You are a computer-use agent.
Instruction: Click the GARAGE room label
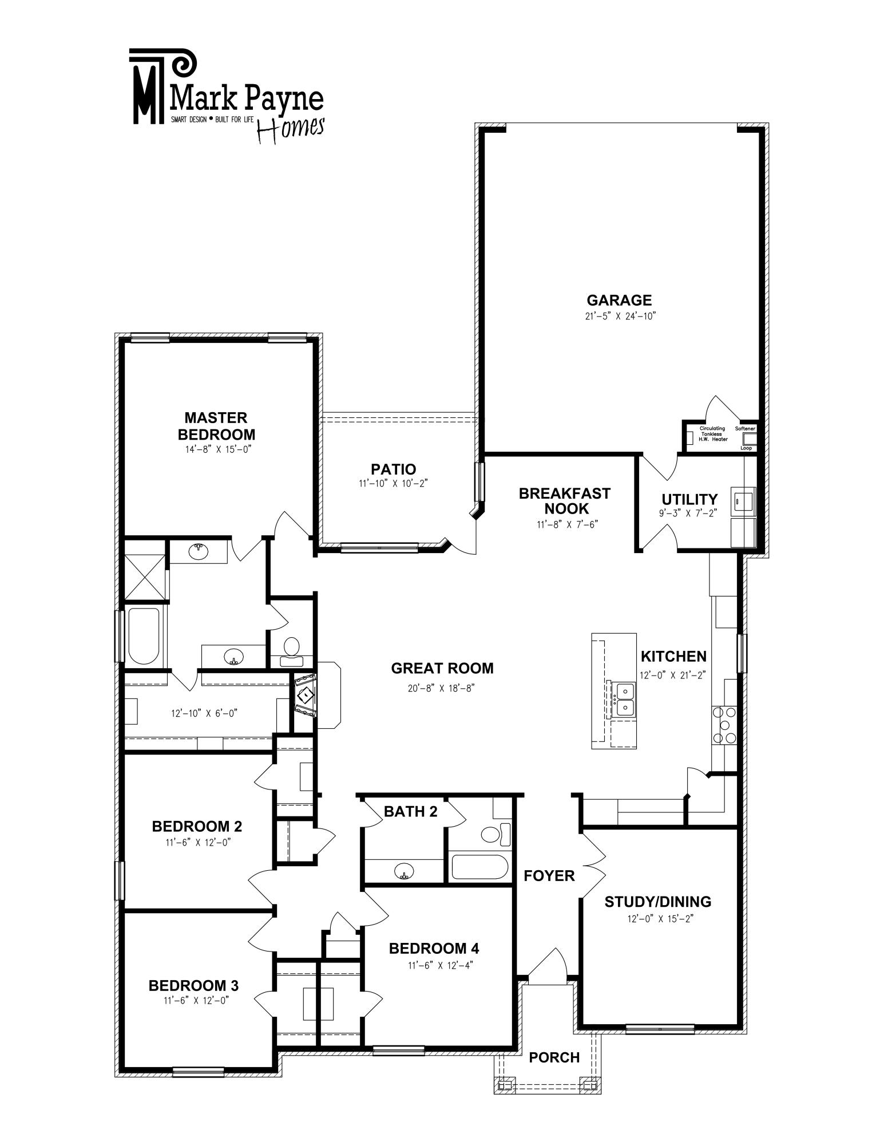(x=619, y=300)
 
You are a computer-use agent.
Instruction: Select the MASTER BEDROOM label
(x=216, y=426)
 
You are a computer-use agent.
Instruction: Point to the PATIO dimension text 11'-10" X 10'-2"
(x=393, y=484)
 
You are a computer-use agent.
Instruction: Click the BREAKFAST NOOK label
(x=565, y=501)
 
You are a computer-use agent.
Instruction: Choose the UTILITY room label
(x=689, y=499)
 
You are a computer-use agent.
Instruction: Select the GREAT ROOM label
(x=442, y=668)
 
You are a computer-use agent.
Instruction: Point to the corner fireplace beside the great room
(x=306, y=694)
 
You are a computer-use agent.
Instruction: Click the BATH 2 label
(x=411, y=811)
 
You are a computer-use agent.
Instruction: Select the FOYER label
(x=549, y=875)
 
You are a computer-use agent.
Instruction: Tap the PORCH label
(x=554, y=1057)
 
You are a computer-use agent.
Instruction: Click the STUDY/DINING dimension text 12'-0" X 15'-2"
(x=657, y=919)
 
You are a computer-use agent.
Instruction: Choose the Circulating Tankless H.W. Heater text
(x=713, y=434)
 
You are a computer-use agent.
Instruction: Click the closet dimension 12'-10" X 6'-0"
(x=204, y=713)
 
